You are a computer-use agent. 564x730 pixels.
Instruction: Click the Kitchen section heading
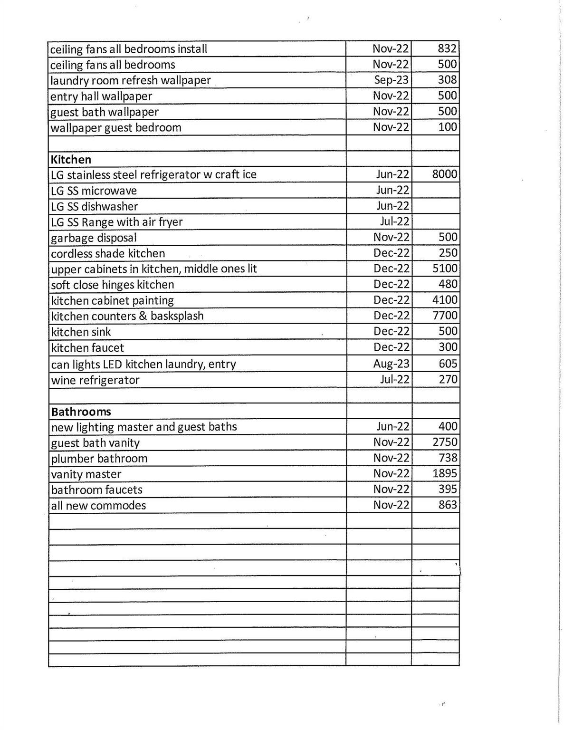[71, 159]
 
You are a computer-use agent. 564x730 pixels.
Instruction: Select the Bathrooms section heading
[81, 412]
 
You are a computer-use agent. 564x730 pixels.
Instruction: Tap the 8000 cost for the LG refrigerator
[445, 174]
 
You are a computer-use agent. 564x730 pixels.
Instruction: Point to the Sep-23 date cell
[391, 80]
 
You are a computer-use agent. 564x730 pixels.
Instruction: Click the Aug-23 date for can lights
[391, 364]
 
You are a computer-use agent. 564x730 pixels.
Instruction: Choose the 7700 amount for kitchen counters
[445, 316]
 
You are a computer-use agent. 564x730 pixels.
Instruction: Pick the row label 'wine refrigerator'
[95, 380]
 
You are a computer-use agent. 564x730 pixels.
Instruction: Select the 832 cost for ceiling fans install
[447, 48]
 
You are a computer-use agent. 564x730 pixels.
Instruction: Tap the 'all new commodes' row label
[98, 506]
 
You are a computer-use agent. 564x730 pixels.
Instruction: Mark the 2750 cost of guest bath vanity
[445, 442]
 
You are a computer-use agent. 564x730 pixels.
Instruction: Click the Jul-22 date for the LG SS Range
[394, 221]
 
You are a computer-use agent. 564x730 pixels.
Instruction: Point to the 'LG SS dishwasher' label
[94, 206]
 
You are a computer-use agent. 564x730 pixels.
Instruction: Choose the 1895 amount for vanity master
[445, 474]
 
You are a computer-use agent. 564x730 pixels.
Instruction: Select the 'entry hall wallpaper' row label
[101, 96]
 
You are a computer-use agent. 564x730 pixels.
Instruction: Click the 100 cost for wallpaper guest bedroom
[448, 127]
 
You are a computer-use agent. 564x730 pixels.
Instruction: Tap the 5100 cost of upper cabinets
[445, 269]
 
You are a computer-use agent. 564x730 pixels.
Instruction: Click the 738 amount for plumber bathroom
[448, 458]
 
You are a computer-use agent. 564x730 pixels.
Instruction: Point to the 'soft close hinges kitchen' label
[113, 285]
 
